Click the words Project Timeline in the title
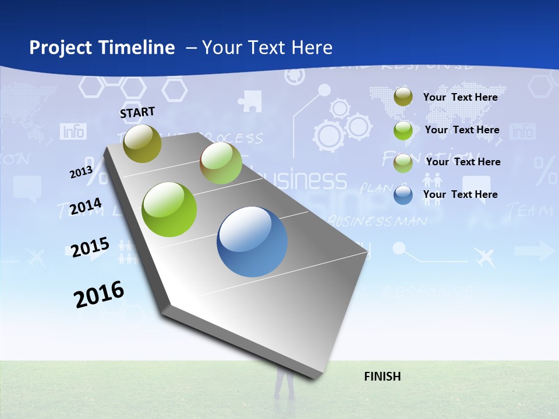click(102, 48)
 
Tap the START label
click(137, 112)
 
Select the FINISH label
click(383, 377)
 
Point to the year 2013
click(81, 172)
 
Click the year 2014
click(86, 207)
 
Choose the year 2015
click(90, 247)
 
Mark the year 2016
click(99, 294)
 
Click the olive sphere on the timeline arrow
click(143, 143)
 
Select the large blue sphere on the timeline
click(252, 242)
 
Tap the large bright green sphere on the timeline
click(169, 210)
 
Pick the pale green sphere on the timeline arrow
click(221, 163)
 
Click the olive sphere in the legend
click(403, 97)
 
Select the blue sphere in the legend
click(403, 195)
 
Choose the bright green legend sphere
click(403, 130)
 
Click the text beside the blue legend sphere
click(461, 194)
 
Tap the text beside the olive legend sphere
click(461, 97)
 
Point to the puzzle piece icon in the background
click(250, 100)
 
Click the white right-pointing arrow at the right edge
click(535, 251)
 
